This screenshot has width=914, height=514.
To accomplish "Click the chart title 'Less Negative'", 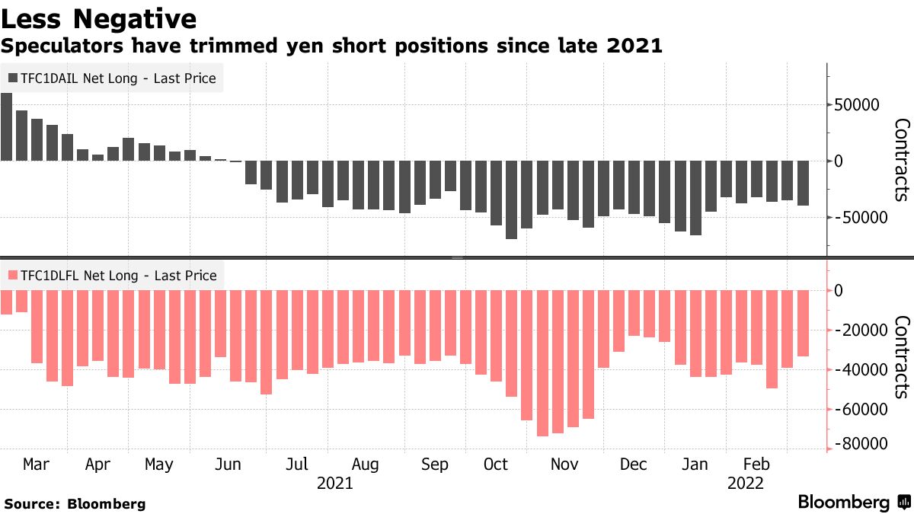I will pyautogui.click(x=100, y=18).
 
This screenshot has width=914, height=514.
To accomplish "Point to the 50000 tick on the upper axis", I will pyautogui.click(x=856, y=105).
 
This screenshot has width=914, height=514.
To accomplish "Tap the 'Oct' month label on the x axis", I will pyautogui.click(x=496, y=465).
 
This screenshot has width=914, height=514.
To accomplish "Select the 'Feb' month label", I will pyautogui.click(x=756, y=465).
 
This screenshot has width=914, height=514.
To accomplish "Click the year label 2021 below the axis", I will pyautogui.click(x=334, y=483).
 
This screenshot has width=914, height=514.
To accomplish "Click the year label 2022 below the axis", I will pyautogui.click(x=746, y=483).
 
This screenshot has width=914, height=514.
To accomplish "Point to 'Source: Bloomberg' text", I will pyautogui.click(x=75, y=504).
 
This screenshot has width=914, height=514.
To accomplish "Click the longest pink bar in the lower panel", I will pyautogui.click(x=542, y=362).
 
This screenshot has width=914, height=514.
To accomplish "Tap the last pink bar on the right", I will pyautogui.click(x=803, y=323).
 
